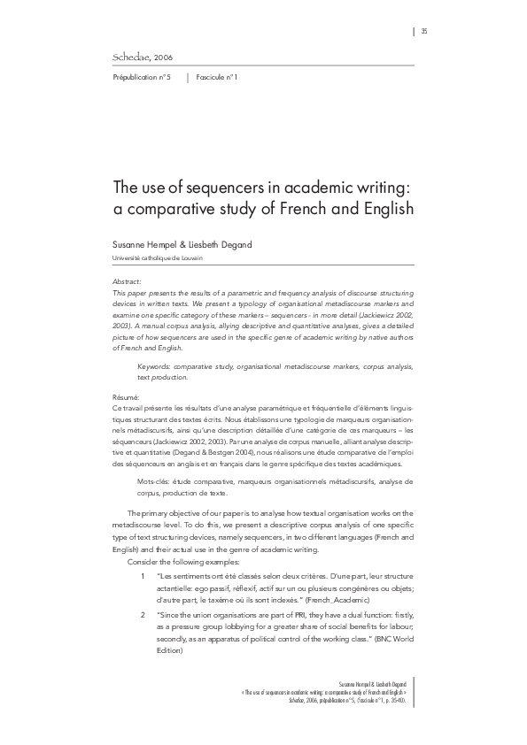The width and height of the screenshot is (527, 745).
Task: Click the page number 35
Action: coord(424,32)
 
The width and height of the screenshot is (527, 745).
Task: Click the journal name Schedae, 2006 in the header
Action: coord(143,58)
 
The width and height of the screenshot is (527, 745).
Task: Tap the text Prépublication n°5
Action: coord(142,78)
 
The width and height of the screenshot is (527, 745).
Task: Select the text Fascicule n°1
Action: coord(217,78)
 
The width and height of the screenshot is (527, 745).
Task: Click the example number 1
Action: coord(143,577)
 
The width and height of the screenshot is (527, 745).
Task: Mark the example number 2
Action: coord(143,613)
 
